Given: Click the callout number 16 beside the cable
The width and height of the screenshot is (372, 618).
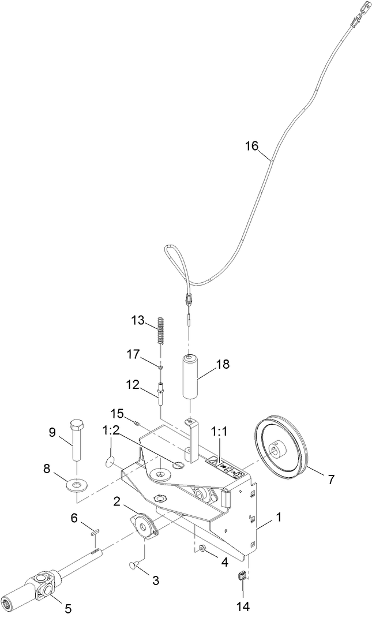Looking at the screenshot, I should (251, 145).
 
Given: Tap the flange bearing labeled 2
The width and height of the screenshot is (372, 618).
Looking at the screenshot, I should (143, 526).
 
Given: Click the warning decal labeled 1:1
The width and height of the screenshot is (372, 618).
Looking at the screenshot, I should (227, 467).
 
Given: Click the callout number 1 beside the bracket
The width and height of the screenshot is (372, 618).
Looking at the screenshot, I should (279, 518).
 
